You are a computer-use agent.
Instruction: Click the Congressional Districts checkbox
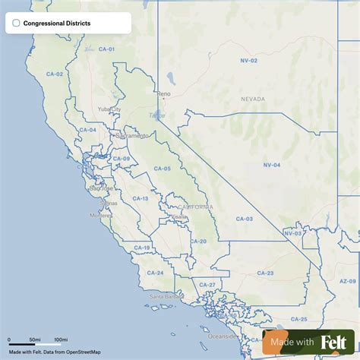pyautogui.click(x=16, y=24)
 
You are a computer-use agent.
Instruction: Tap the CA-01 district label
pyautogui.click(x=106, y=49)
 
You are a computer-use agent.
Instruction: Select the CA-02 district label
pyautogui.click(x=54, y=74)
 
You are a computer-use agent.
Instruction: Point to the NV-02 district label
pyautogui.click(x=249, y=60)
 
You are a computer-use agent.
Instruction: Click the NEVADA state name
pyautogui.click(x=253, y=99)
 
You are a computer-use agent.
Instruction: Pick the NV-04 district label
pyautogui.click(x=271, y=165)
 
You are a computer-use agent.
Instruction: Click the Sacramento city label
pyautogui.click(x=132, y=136)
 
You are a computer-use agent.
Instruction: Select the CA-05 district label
pyautogui.click(x=162, y=168)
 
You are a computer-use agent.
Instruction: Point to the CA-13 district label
pyautogui.click(x=141, y=198)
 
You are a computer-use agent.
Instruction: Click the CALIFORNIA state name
pyautogui.click(x=195, y=207)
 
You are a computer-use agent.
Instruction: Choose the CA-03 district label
pyautogui.click(x=244, y=219)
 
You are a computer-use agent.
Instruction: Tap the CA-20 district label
pyautogui.click(x=197, y=241)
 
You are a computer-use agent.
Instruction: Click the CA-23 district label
pyautogui.click(x=265, y=273)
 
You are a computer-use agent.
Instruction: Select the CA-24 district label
pyautogui.click(x=155, y=272)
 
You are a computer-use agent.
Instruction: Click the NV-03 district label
pyautogui.click(x=292, y=233)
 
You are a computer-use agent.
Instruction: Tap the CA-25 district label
pyautogui.click(x=298, y=319)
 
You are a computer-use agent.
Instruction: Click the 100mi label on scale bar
pyautogui.click(x=61, y=339)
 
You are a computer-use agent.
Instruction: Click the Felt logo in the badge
pyautogui.click(x=334, y=343)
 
